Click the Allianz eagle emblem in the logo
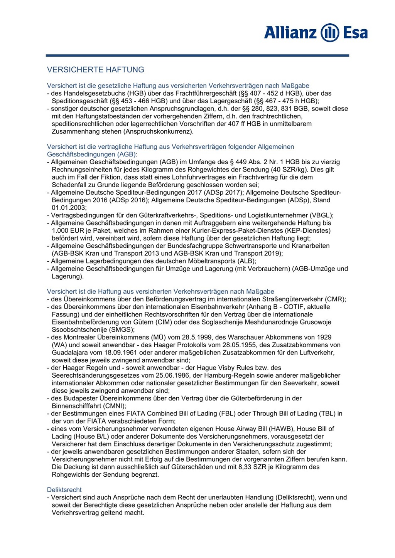330,32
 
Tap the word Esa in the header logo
355,32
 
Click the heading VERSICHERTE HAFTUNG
95,70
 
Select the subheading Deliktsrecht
64,490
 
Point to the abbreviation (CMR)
335,299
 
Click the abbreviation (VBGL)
320,215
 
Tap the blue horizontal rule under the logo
197,55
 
